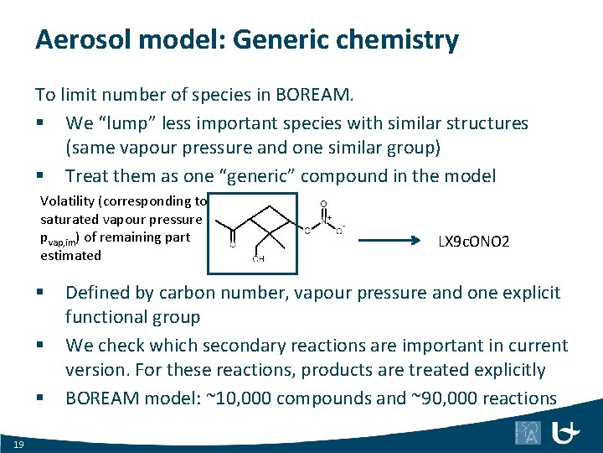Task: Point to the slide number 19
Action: pyautogui.click(x=18, y=443)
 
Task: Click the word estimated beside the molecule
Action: pyautogui.click(x=70, y=255)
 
